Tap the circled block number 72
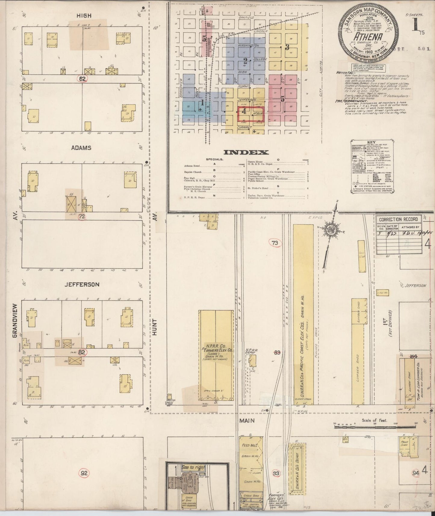(82, 216)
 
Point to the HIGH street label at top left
(84, 16)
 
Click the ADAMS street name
(81, 148)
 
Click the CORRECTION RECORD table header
(398, 219)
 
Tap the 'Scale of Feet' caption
(374, 420)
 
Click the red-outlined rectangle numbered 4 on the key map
(250, 113)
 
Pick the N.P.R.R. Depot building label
(250, 352)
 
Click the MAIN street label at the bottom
(247, 421)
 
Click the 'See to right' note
(193, 476)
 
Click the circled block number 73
(275, 243)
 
